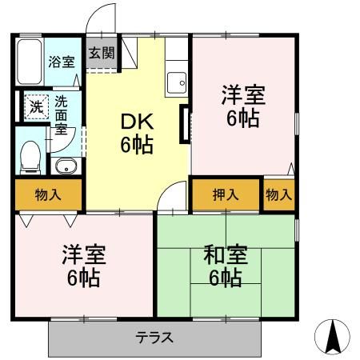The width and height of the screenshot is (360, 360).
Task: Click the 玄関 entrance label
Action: (x=102, y=53)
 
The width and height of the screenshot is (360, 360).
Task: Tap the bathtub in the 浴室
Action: (x=30, y=62)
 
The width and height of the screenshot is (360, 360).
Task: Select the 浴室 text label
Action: (x=62, y=62)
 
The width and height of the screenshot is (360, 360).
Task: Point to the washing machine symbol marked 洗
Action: (x=37, y=106)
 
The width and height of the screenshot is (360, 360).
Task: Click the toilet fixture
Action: (x=30, y=158)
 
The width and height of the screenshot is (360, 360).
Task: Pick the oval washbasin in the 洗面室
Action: (x=66, y=166)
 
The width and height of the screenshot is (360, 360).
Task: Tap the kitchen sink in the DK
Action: (x=177, y=83)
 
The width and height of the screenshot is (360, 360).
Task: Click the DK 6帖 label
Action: (x=137, y=134)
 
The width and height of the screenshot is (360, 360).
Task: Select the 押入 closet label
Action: (x=226, y=194)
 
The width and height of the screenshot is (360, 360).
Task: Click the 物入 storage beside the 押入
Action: (x=279, y=194)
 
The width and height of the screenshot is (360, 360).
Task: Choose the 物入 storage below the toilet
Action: (x=48, y=194)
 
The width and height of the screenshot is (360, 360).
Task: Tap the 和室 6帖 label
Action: (x=226, y=266)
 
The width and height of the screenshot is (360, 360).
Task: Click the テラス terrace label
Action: (x=154, y=338)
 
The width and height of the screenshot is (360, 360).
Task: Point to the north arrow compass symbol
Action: (x=332, y=337)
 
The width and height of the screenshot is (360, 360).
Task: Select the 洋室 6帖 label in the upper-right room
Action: (x=243, y=106)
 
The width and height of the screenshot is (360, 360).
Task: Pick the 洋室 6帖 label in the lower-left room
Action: (x=84, y=266)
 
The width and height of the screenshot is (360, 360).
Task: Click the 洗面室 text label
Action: (x=61, y=115)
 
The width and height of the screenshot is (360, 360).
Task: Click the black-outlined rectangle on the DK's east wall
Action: (x=185, y=124)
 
